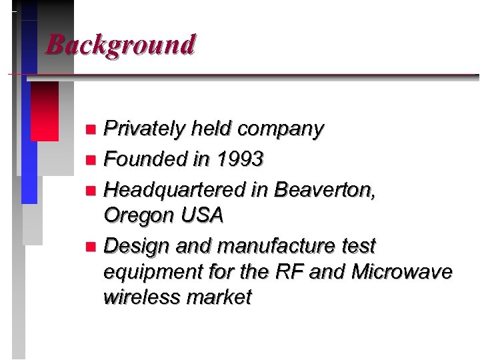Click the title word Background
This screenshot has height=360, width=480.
[121, 45]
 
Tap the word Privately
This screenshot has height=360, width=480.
[144, 129]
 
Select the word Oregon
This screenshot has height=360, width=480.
[137, 216]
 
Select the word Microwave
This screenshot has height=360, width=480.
[402, 271]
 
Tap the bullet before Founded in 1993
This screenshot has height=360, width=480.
[91, 160]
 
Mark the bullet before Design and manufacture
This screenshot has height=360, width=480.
[91, 247]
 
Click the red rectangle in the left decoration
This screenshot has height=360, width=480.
[45, 111]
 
